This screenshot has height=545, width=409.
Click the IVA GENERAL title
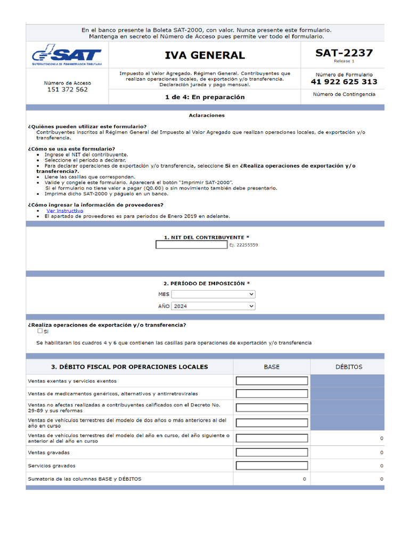pyautogui.click(x=204, y=55)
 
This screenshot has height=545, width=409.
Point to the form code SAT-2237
pyautogui.click(x=343, y=53)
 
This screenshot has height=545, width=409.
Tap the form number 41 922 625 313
pyautogui.click(x=343, y=81)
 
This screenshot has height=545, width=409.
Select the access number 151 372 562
pyautogui.click(x=67, y=90)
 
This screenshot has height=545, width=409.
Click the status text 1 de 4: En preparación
pyautogui.click(x=204, y=97)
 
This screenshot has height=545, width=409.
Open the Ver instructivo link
pyautogui.click(x=64, y=211)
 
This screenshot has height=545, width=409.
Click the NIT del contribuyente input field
pyautogui.click(x=191, y=245)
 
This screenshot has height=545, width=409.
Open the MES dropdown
pyautogui.click(x=213, y=294)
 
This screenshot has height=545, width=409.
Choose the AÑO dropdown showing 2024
pyautogui.click(x=213, y=306)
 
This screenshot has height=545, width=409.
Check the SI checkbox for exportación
pyautogui.click(x=40, y=331)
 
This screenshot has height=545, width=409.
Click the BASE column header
pyautogui.click(x=271, y=367)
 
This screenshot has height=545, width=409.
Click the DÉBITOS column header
pyautogui.click(x=349, y=367)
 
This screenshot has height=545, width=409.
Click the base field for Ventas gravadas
pyautogui.click(x=272, y=452)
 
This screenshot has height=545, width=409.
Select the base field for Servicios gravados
pyautogui.click(x=272, y=466)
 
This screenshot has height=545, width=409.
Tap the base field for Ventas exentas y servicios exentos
pyautogui.click(x=272, y=381)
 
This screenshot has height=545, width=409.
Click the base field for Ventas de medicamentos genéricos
pyautogui.click(x=272, y=394)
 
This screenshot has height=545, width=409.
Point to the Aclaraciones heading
pyautogui.click(x=207, y=115)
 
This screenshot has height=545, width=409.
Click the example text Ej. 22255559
pyautogui.click(x=243, y=245)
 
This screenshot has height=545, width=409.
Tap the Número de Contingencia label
pyautogui.click(x=343, y=94)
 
